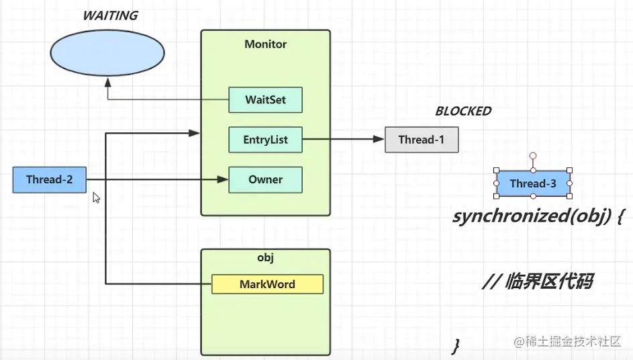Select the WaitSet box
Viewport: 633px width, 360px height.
click(x=265, y=99)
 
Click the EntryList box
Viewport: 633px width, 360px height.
click(x=265, y=140)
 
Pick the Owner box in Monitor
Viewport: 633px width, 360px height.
click(x=265, y=179)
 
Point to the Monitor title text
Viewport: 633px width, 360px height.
click(x=265, y=44)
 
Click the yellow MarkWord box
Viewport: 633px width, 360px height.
click(x=267, y=284)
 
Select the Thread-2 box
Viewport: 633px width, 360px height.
click(x=49, y=179)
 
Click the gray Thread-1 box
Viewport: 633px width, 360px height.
click(x=421, y=140)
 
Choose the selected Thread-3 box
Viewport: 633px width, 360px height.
click(x=533, y=183)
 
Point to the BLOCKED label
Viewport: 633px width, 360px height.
click(x=463, y=111)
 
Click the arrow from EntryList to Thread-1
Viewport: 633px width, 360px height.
click(x=342, y=140)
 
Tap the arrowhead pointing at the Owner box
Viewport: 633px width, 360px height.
click(x=224, y=179)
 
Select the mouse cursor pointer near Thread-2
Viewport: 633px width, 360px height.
click(x=96, y=198)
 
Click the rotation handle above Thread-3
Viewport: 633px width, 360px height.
click(x=533, y=156)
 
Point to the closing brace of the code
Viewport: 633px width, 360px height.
click(x=456, y=346)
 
